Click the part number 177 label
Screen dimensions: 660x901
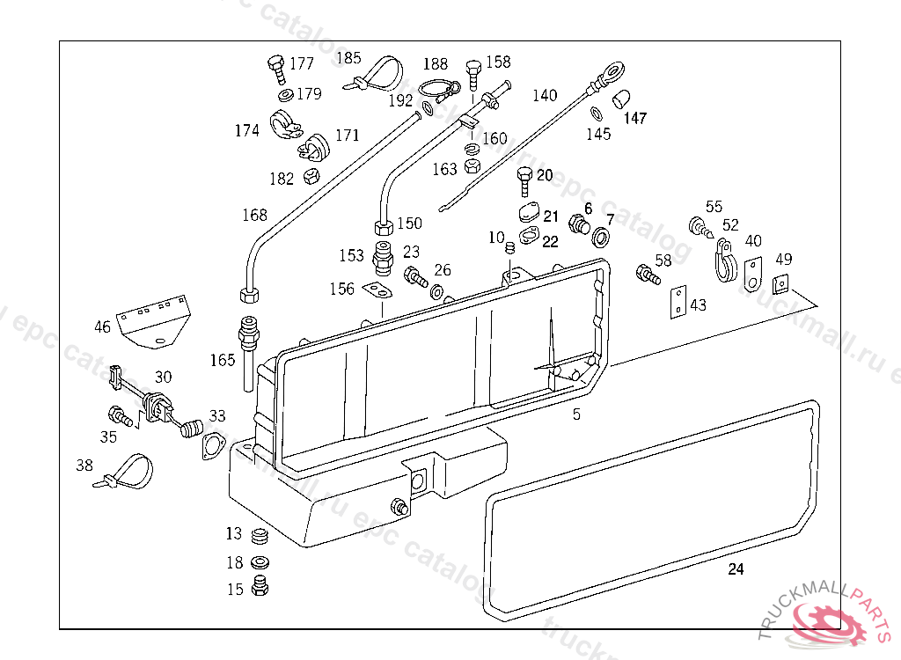(301, 63)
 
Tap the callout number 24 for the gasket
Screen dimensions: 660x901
(736, 569)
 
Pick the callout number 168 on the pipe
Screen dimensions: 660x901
(254, 215)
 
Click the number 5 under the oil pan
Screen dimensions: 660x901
(576, 414)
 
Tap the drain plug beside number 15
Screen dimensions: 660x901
(259, 586)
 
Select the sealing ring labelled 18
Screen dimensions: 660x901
(260, 562)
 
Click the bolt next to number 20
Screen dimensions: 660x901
(524, 184)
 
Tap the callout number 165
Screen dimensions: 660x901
(223, 359)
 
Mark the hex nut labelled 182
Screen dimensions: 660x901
(310, 176)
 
